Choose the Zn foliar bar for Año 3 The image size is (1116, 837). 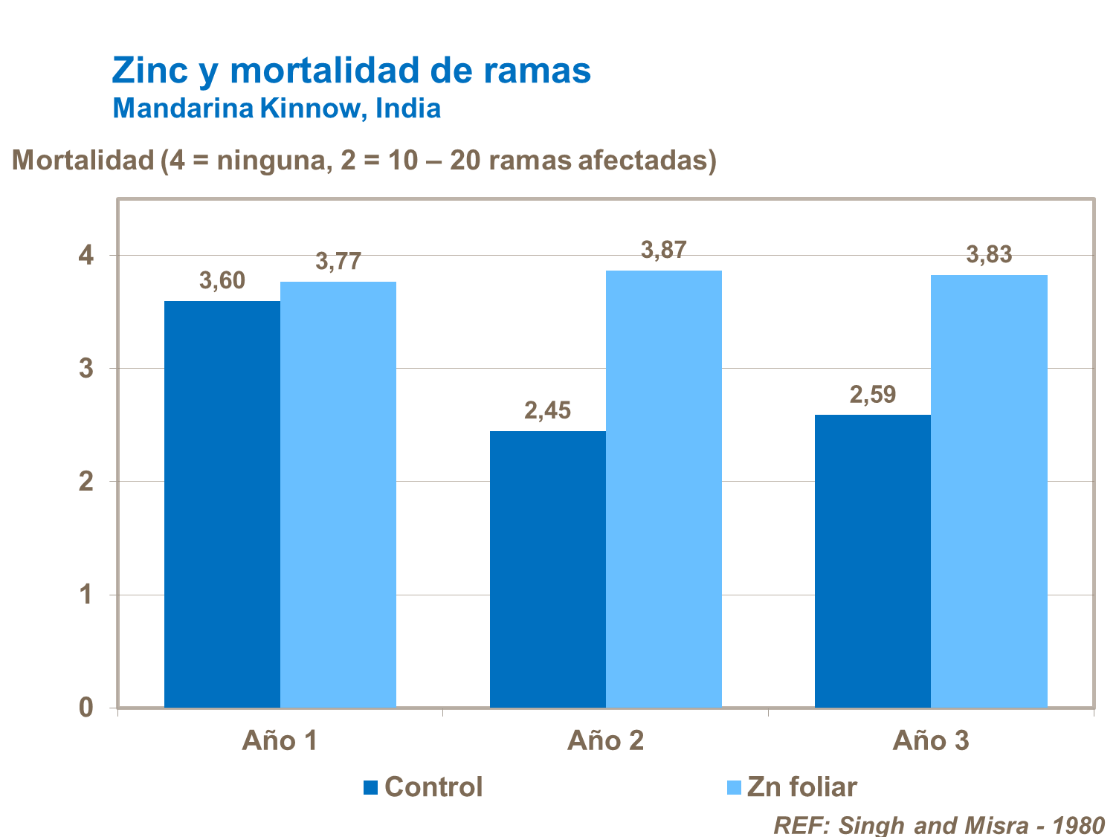(x=989, y=491)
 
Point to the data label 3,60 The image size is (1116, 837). (x=222, y=281)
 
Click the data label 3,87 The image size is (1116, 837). (x=663, y=251)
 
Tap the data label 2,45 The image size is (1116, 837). (x=547, y=410)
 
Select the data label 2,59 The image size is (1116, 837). (x=872, y=395)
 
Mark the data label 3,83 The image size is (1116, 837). (x=989, y=255)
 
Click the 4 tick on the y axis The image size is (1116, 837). (x=86, y=256)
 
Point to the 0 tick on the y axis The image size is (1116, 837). (x=86, y=708)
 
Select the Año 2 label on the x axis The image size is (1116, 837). (x=605, y=741)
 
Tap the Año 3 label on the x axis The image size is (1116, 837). (x=931, y=741)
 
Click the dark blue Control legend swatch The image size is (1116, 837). (x=371, y=787)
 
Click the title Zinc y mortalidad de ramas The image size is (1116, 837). (x=351, y=71)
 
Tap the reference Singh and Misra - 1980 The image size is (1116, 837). (x=938, y=825)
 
